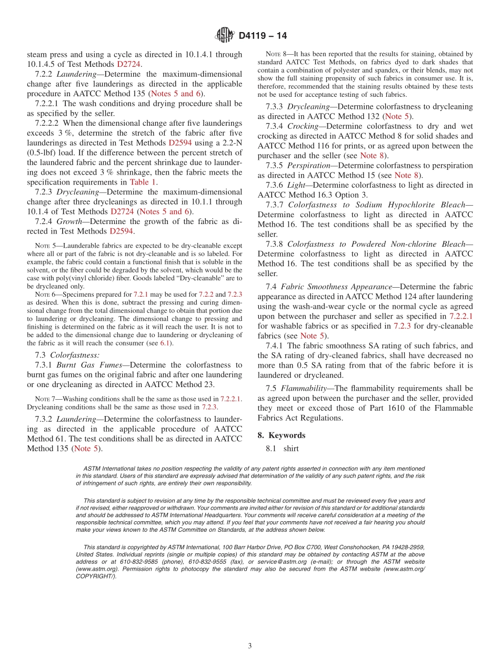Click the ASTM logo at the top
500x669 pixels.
(224, 36)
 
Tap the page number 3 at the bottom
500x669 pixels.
(250, 646)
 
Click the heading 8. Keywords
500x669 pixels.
(282, 435)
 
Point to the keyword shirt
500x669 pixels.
(291, 449)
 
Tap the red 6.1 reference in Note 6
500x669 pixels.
(166, 343)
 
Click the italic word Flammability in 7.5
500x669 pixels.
(305, 388)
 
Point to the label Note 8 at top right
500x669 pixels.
(277, 54)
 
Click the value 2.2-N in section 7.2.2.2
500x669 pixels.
(227, 143)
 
